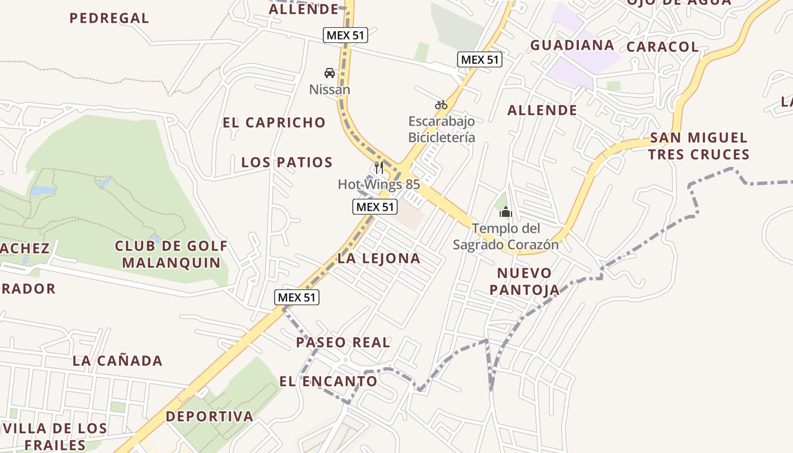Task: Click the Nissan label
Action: (x=329, y=89)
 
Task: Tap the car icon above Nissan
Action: (x=329, y=73)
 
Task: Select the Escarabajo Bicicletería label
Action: (x=441, y=129)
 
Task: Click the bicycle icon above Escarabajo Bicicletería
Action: (x=441, y=105)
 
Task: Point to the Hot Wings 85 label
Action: (x=379, y=184)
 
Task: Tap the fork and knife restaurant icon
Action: (x=379, y=168)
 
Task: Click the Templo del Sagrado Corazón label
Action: (x=505, y=236)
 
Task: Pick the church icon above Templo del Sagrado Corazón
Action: (x=505, y=212)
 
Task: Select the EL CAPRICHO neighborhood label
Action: (x=274, y=122)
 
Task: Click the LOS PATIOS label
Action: (x=287, y=163)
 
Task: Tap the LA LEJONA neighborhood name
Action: (x=379, y=258)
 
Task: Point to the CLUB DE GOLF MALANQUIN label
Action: (x=171, y=254)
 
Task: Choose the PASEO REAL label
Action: (x=343, y=342)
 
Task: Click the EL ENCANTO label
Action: (x=329, y=381)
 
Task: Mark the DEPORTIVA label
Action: (x=210, y=416)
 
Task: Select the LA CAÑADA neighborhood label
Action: (x=117, y=360)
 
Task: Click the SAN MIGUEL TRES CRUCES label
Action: (x=699, y=146)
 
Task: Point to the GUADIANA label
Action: (x=572, y=45)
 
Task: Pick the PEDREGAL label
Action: (x=109, y=18)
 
